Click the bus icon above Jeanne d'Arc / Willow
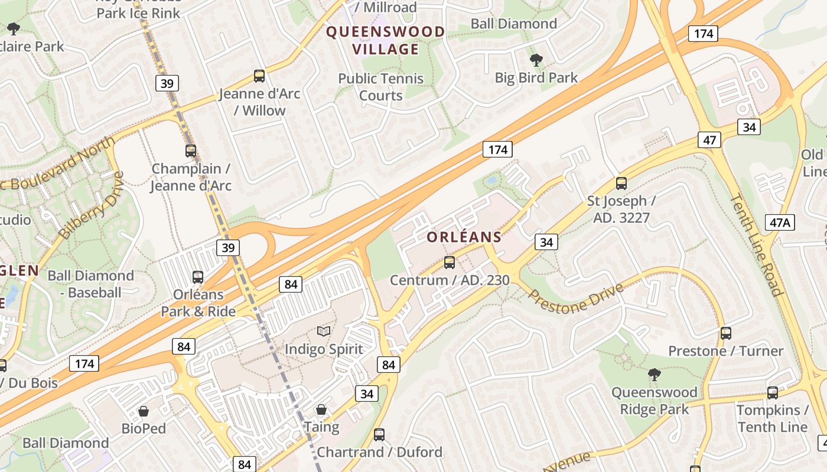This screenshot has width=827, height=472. [x=259, y=76]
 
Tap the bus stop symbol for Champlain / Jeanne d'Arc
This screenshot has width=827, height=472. [x=190, y=150]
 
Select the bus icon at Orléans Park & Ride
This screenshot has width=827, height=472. [x=198, y=277]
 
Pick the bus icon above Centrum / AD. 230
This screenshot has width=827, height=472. [x=450, y=262]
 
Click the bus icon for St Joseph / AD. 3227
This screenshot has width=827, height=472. [x=621, y=183]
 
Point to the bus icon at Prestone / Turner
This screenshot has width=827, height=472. [x=726, y=333]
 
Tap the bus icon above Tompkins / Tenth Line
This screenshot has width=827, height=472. [x=772, y=392]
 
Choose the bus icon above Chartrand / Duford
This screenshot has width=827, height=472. [x=379, y=435]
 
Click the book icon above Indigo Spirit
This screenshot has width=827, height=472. [x=324, y=332]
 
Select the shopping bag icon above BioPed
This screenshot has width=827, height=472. [x=144, y=411]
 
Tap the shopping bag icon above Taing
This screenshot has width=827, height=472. [x=321, y=409]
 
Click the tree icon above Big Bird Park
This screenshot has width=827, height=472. [x=536, y=60]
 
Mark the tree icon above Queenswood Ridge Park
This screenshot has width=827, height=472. [x=654, y=374]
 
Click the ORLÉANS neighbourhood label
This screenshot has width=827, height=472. [x=464, y=237]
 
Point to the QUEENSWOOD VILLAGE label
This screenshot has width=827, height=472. [x=386, y=40]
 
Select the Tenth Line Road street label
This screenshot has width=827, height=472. [x=756, y=244]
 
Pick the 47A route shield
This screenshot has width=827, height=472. [x=780, y=222]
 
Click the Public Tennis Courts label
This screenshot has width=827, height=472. [x=381, y=87]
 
